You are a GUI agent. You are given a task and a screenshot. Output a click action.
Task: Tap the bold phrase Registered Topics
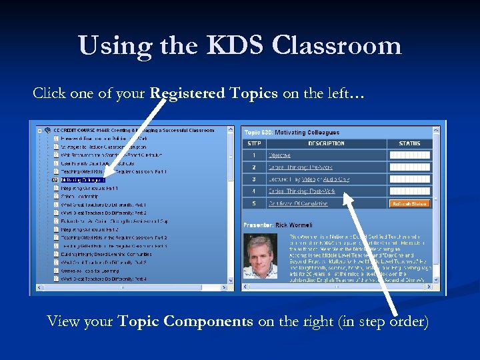pos(214,93)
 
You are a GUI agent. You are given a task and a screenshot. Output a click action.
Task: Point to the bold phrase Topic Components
pos(185,321)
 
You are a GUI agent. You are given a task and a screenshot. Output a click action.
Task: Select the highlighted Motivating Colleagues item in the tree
pos(83,180)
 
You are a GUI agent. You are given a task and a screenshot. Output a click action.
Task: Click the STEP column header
pos(254,143)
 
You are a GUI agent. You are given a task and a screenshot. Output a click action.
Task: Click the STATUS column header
pos(410,143)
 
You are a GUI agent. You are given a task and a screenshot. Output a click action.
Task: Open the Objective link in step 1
pos(279,155)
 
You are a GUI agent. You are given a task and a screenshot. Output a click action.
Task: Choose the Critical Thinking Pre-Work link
pos(300,167)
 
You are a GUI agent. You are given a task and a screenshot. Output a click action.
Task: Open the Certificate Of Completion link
pos(298,203)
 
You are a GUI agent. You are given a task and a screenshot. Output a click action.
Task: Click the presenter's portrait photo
pos(261,256)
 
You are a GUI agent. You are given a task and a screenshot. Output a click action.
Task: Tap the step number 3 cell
pos(254,179)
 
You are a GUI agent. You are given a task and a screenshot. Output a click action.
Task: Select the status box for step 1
pos(410,155)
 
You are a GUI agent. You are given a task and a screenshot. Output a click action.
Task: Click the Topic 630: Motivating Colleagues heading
pos(291,133)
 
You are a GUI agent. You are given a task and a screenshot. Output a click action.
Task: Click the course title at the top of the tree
pos(133,130)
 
